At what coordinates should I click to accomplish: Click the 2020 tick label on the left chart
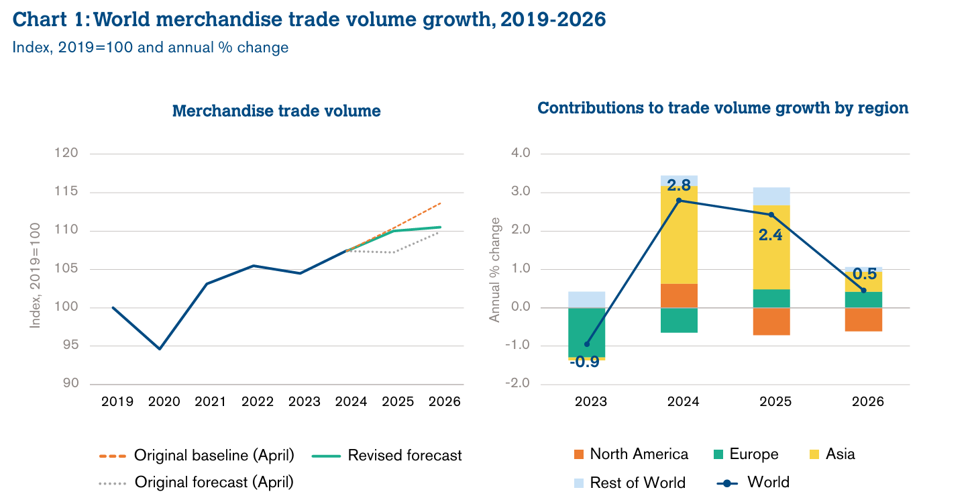[164, 401]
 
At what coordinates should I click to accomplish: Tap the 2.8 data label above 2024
[679, 186]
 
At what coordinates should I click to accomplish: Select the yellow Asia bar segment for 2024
[679, 235]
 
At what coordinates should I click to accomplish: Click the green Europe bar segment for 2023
[587, 332]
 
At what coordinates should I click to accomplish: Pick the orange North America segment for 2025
[771, 321]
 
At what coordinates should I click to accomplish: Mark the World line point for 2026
[863, 291]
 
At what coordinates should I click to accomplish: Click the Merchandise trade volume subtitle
[276, 111]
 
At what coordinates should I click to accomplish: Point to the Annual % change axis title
[495, 270]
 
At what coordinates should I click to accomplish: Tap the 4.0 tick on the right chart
[521, 153]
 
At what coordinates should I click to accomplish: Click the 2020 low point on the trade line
[160, 349]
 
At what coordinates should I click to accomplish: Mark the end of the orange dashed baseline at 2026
[440, 203]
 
